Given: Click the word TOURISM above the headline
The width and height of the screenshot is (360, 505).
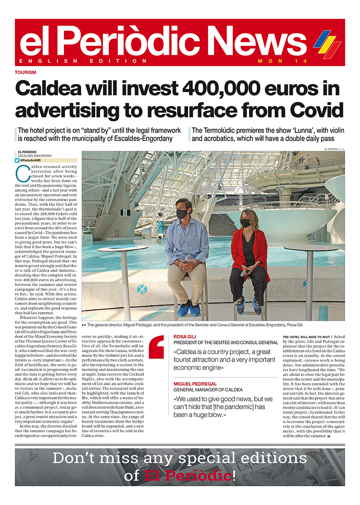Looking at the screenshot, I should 25,72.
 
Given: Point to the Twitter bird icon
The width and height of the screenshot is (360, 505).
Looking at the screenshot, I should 17,160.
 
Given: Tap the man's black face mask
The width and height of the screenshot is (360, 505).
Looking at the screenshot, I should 182,214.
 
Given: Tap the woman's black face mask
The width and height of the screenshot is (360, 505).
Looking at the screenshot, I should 246,222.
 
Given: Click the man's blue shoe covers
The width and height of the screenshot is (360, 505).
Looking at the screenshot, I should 189,310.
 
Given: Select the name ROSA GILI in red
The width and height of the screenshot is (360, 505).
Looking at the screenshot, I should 185,337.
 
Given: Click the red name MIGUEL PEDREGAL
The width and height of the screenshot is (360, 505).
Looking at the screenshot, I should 195,383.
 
